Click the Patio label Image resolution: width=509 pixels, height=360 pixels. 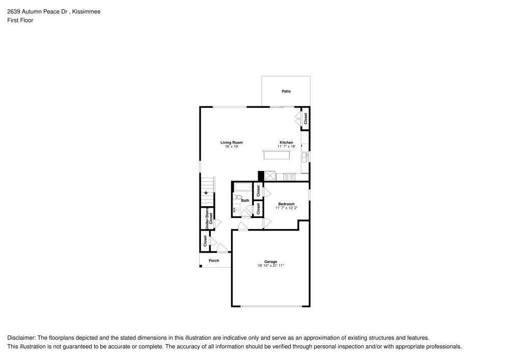(286, 91)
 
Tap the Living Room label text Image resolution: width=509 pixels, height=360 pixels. (231, 142)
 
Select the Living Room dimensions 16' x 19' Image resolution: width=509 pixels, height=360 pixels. (231, 147)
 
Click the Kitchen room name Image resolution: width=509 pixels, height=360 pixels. (286, 142)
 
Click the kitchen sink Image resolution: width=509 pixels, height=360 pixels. (304, 156)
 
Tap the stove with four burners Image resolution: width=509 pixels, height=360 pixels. (289, 177)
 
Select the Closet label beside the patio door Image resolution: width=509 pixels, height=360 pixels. (305, 119)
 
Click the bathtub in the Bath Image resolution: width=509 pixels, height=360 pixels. (243, 187)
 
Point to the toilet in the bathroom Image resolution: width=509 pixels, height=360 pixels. (238, 198)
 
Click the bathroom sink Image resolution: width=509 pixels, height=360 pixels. (236, 209)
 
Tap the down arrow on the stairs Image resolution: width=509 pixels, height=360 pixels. (206, 192)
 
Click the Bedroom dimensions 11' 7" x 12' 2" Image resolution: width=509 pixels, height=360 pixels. (286, 208)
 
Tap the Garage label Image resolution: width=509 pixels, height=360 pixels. (270, 261)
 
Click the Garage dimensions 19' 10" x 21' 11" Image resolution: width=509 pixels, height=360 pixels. (270, 266)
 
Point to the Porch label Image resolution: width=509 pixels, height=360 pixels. (214, 261)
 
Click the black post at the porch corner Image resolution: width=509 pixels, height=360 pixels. (201, 266)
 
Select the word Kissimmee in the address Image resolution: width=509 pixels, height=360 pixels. (86, 11)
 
